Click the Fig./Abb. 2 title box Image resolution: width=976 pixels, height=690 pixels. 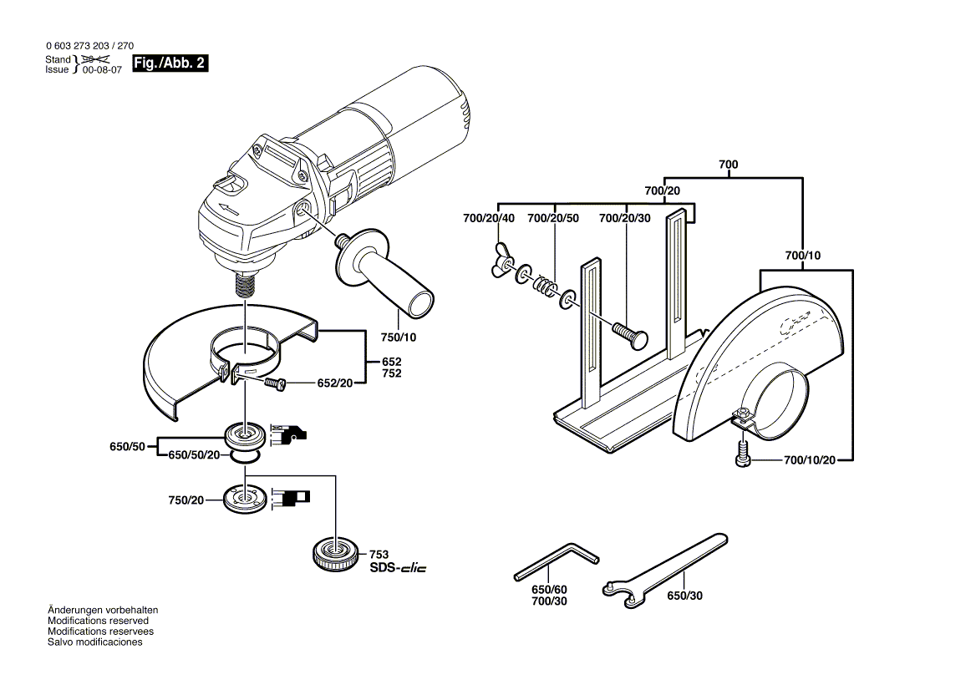pyautogui.click(x=170, y=64)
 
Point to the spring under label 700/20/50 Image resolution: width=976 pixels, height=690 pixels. pyautogui.click(x=546, y=287)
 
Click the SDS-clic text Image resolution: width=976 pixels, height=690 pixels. pyautogui.click(x=397, y=568)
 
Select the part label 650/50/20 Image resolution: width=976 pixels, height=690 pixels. pyautogui.click(x=194, y=454)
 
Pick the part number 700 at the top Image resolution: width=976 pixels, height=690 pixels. pyautogui.click(x=728, y=165)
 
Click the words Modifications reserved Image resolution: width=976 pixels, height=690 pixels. pyautogui.click(x=99, y=621)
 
